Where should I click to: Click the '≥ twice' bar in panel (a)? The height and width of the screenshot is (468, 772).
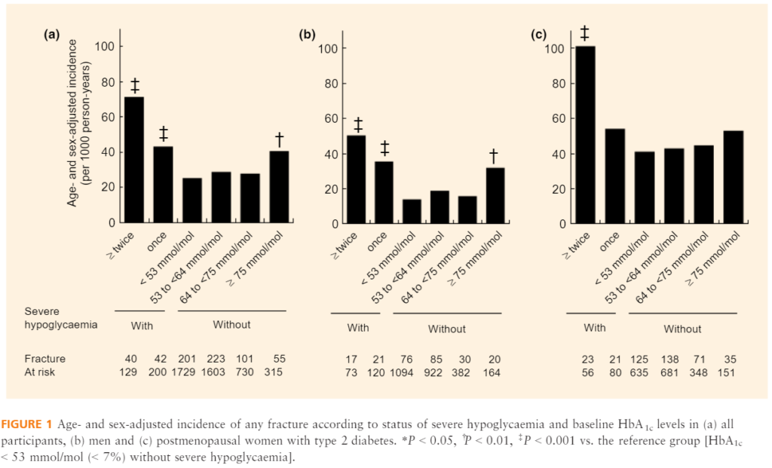(134, 160)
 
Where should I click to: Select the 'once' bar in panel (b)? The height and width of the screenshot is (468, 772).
(383, 192)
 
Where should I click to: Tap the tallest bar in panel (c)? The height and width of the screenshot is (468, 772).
(585, 135)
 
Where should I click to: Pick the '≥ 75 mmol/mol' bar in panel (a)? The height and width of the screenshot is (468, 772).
(279, 187)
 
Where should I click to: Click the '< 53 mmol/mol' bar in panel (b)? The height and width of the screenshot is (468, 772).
(412, 212)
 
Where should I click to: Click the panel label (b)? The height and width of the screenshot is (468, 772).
(307, 34)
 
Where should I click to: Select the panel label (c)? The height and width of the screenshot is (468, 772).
(538, 34)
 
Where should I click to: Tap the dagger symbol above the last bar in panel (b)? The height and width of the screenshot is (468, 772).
(494, 155)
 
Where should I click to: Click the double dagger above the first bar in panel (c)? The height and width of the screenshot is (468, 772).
(585, 33)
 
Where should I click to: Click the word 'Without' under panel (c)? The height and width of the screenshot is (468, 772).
(682, 329)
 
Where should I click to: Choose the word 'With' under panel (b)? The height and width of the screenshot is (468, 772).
(359, 328)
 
